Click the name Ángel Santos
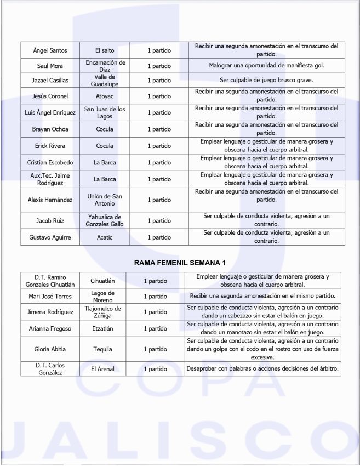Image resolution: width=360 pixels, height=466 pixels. [x=50, y=50]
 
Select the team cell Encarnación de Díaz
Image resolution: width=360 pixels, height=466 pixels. [x=105, y=66]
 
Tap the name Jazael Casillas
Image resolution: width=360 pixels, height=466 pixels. [x=50, y=81]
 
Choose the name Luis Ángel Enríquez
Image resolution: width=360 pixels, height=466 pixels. [x=50, y=113]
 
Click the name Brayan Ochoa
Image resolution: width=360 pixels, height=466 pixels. [x=50, y=129]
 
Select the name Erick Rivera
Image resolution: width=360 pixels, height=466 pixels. [x=50, y=146]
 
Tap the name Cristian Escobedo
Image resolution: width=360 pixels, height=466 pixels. [x=50, y=163]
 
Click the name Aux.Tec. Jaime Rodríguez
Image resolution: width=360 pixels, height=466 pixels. [x=50, y=179]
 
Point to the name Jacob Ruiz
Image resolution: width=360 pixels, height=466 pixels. [x=50, y=221]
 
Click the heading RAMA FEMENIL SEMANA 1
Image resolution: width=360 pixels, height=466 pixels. [x=180, y=263]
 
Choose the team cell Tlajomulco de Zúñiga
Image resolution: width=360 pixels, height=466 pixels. [x=102, y=312]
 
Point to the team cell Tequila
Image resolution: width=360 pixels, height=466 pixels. [x=102, y=349]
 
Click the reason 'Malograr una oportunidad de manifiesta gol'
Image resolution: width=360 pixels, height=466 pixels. [x=266, y=66]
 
